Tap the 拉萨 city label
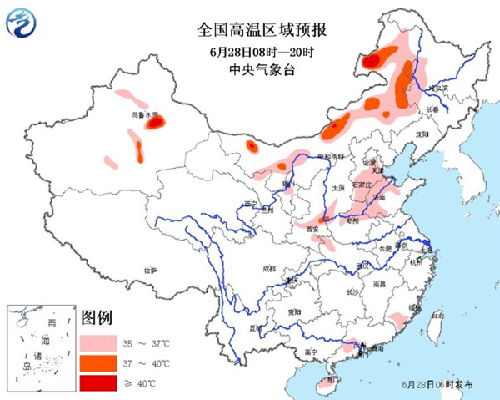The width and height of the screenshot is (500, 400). (150, 271)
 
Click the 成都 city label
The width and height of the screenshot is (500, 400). (267, 269)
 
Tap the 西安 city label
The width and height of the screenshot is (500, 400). (312, 228)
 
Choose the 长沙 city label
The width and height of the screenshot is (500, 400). (352, 291)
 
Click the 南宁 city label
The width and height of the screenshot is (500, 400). (311, 352)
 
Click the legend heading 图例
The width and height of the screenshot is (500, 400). (96, 318)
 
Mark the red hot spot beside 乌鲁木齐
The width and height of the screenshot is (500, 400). (155, 124)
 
